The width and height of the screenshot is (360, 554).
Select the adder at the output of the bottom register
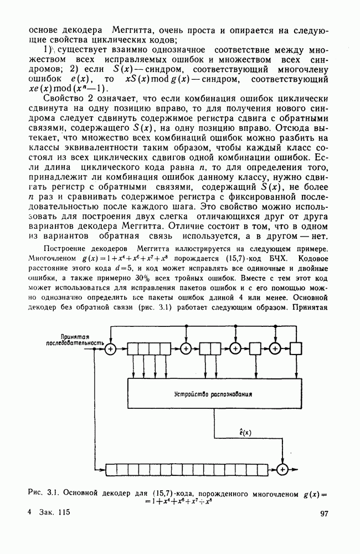(x=283, y=469)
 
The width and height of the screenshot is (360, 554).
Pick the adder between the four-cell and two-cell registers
(x=186, y=349)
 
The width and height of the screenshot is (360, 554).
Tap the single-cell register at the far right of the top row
(x=296, y=349)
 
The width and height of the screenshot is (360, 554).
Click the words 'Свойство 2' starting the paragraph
(x=68, y=99)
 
